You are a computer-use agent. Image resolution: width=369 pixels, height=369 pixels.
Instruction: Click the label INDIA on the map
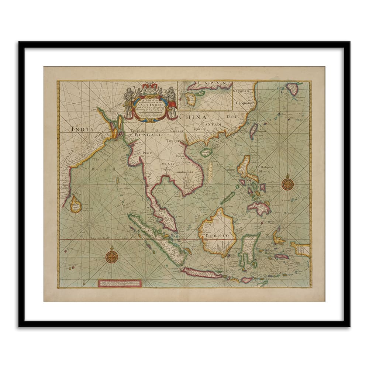tap(82, 129)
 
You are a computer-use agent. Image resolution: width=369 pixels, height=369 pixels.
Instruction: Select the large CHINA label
tap(193, 117)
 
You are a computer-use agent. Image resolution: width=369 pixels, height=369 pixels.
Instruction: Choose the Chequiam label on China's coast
tap(244, 104)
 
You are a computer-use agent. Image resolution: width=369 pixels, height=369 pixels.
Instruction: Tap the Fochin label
tap(233, 117)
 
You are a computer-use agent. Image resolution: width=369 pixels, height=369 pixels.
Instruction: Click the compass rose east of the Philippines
tap(287, 183)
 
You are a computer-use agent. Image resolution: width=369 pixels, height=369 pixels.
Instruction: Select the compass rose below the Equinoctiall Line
tap(112, 256)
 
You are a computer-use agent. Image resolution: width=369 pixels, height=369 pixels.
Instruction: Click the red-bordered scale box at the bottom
tap(120, 283)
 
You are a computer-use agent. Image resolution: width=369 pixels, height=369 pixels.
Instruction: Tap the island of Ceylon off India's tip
tap(76, 204)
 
